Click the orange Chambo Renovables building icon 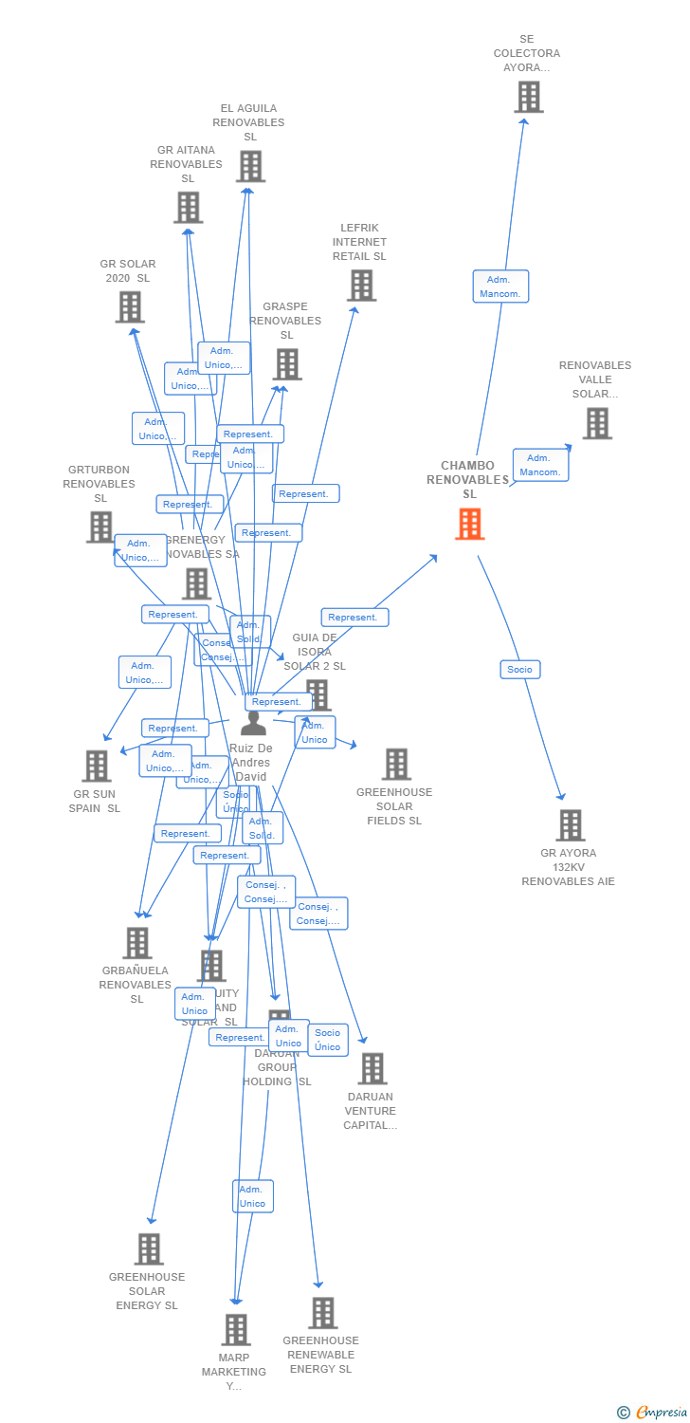point(469,524)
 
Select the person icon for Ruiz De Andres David point(253,723)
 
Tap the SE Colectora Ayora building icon point(528,97)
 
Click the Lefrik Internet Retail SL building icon point(361,285)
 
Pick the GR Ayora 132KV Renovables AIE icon point(570,825)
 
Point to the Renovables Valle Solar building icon point(596,423)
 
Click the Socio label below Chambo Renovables point(519,669)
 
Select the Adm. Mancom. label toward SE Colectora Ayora point(500,286)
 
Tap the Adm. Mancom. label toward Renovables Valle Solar point(540,465)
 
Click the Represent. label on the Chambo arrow point(354,617)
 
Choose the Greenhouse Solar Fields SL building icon point(395,764)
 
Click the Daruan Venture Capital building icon point(372,1068)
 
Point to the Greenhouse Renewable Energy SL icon point(322,1313)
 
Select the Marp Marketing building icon point(236,1330)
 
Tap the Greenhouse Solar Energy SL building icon point(149,1249)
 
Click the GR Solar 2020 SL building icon point(130,306)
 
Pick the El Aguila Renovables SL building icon point(250,166)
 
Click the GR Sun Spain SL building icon point(97,766)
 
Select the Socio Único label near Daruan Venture point(328,1040)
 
